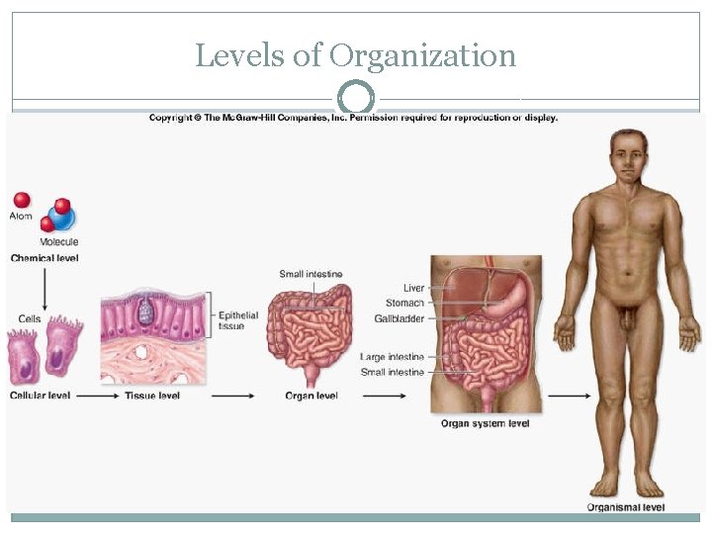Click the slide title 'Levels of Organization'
click(356, 55)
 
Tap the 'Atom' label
click(22, 216)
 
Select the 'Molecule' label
click(59, 241)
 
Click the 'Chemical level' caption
click(44, 258)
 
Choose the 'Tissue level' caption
click(152, 396)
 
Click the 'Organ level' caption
click(311, 396)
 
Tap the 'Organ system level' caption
click(485, 423)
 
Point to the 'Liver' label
click(413, 288)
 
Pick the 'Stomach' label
click(405, 303)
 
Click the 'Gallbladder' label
click(400, 317)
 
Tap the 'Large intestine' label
click(393, 356)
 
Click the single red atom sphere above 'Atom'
click(22, 200)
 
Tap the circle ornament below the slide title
click(356, 99)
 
